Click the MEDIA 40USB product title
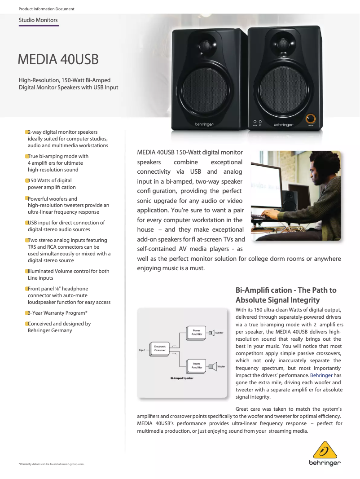(58, 59)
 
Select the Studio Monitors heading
(38, 20)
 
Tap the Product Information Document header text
(46, 9)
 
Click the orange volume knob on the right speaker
(311, 119)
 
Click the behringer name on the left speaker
(204, 124)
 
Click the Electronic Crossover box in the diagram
(160, 348)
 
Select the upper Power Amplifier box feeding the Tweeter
(196, 332)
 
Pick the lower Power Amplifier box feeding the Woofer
(196, 365)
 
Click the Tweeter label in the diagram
(219, 333)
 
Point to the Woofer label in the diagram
(221, 366)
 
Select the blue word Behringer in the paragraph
(321, 375)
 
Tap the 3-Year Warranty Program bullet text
(57, 313)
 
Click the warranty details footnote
(52, 464)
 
